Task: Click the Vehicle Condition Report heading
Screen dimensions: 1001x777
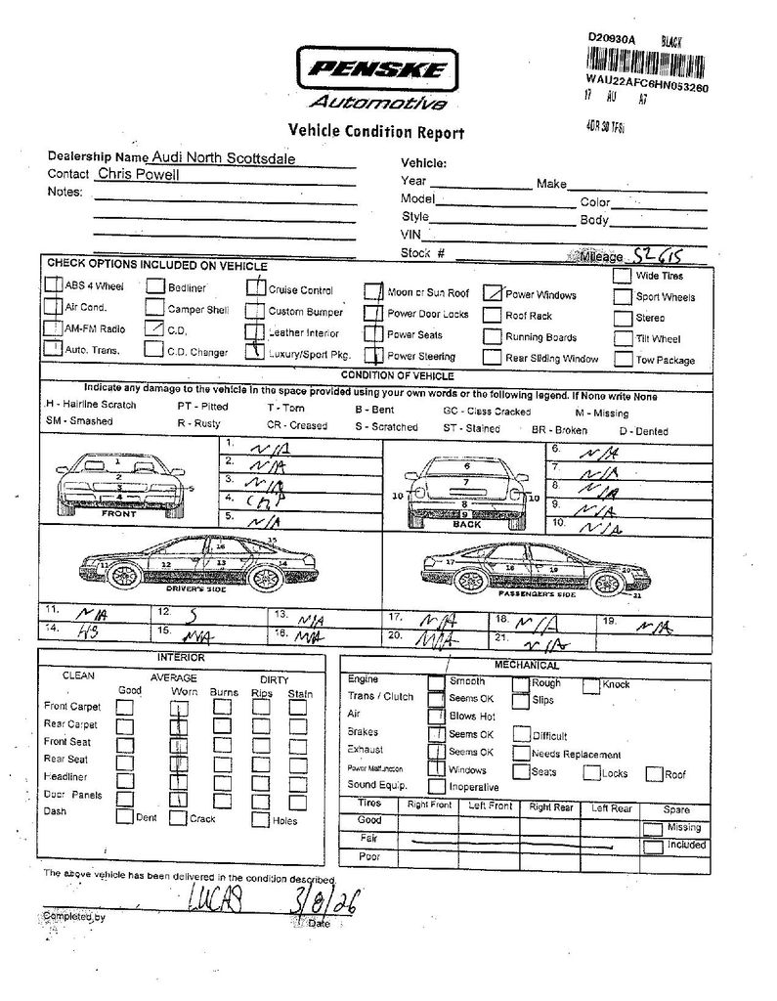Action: click(376, 132)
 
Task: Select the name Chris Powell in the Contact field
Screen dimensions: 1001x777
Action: click(138, 174)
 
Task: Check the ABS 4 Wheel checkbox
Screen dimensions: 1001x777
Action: click(53, 286)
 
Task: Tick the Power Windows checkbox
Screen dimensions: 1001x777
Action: click(493, 293)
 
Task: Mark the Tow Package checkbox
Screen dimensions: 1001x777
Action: click(623, 359)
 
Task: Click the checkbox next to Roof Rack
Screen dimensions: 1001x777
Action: click(493, 316)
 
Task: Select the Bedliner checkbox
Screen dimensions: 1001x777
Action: click(155, 286)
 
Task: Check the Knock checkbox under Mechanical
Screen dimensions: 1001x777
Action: click(591, 685)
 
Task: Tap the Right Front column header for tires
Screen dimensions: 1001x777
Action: click(429, 806)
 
